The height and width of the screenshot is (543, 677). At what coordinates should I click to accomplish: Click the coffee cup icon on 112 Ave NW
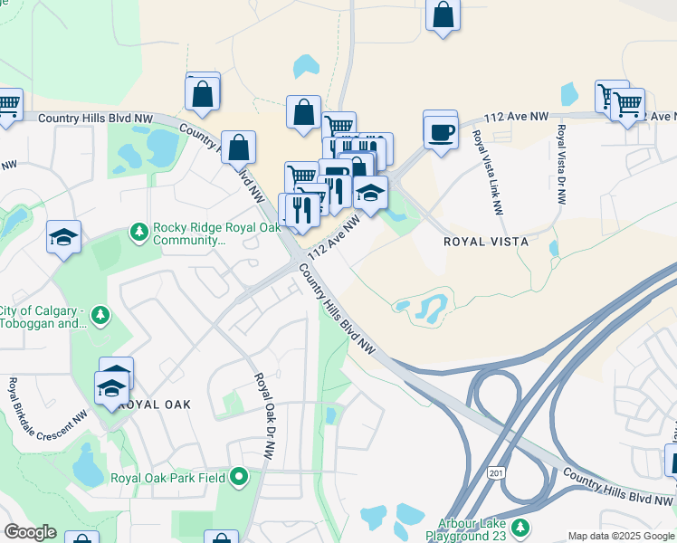[441, 132]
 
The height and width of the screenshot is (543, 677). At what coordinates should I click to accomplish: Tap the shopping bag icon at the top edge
[443, 14]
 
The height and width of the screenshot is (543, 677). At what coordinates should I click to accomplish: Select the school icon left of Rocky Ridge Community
[63, 238]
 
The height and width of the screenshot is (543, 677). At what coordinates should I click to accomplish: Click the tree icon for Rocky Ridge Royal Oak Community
[139, 233]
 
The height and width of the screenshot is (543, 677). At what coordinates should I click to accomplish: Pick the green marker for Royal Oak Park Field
[239, 475]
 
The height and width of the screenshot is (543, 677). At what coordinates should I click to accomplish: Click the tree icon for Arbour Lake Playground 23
[520, 528]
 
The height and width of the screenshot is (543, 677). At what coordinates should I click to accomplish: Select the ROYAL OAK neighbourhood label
[155, 405]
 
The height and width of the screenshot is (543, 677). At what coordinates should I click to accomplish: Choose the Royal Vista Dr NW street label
[561, 165]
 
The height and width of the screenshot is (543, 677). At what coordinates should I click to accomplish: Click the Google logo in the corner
[30, 532]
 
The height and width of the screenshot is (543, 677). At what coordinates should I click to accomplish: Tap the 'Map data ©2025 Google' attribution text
[620, 536]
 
